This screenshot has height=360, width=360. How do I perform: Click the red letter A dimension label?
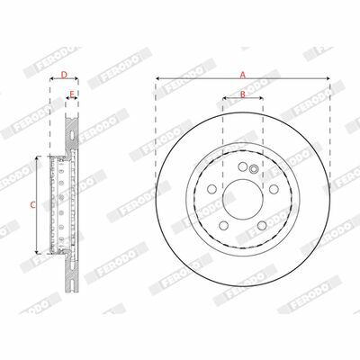click(x=243, y=75)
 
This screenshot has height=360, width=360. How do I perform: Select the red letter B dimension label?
click(x=243, y=94)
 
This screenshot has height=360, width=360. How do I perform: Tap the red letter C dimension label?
click(x=33, y=205)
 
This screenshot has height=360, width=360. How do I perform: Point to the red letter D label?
click(x=64, y=75)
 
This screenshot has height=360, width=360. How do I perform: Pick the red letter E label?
click(x=72, y=94)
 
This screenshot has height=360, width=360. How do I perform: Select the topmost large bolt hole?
click(x=243, y=166)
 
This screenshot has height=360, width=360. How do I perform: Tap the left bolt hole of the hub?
click(x=211, y=189)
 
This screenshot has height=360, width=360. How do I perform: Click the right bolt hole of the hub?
click(x=274, y=189)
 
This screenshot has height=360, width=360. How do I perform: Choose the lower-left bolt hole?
click(x=224, y=225)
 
